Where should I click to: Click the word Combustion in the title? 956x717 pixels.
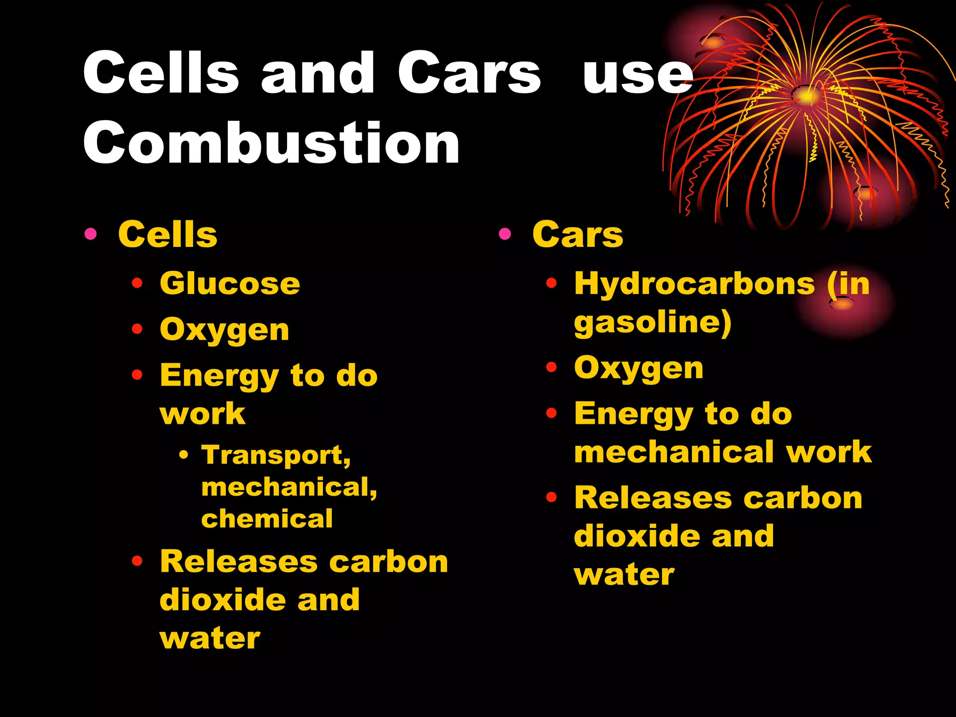[271, 143]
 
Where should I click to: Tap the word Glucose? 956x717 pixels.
[230, 283]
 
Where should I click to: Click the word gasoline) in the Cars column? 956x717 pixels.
[653, 323]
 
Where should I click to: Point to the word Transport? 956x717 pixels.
[276, 455]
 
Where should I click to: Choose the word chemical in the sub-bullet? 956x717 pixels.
[267, 519]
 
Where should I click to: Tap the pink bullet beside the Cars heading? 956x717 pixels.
[505, 233]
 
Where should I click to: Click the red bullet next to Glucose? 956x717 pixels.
[137, 283]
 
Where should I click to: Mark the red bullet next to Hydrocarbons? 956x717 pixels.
[552, 283]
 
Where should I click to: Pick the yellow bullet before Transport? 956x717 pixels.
[184, 454]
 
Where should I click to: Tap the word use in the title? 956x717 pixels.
[638, 75]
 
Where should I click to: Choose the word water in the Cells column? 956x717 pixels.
[210, 639]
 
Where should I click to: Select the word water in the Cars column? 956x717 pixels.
[624, 575]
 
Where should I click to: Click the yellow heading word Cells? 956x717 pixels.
[168, 234]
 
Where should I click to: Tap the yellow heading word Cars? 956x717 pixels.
[577, 234]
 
